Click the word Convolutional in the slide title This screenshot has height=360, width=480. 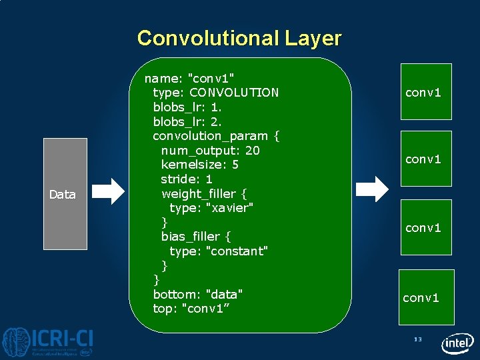207,38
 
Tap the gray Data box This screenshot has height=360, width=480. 65,194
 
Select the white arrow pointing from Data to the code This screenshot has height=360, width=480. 108,191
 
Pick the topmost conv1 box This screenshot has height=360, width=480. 425,91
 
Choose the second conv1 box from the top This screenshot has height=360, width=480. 425,159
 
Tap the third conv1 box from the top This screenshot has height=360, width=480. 425,227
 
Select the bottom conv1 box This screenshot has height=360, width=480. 426,297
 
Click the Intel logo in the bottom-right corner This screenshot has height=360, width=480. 457,343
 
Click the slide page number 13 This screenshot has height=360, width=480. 418,339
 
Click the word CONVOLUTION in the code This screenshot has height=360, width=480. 234,93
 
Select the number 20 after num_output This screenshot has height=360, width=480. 252,151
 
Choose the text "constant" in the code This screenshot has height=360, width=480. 237,251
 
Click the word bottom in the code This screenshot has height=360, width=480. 175,295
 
